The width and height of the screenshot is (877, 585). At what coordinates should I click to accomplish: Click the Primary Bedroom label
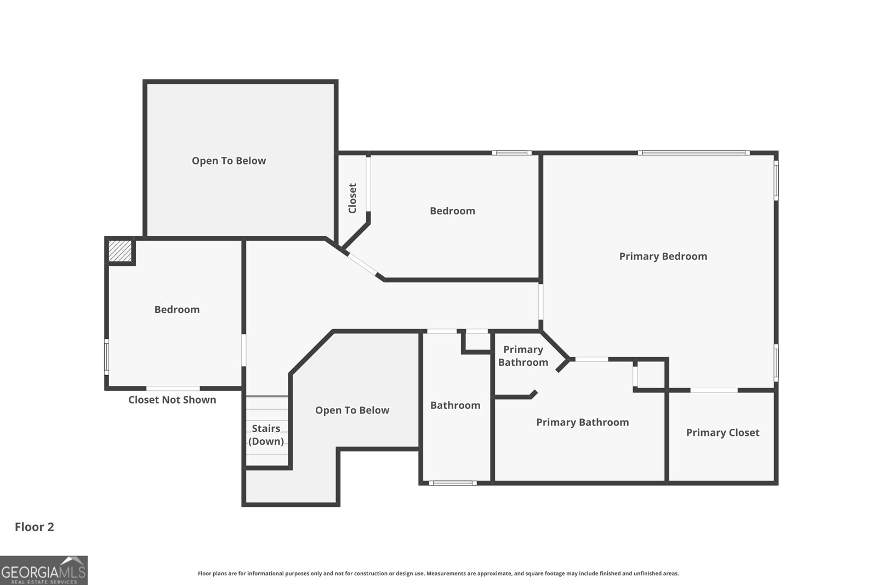click(x=663, y=257)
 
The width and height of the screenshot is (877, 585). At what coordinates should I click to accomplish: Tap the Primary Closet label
click(x=723, y=433)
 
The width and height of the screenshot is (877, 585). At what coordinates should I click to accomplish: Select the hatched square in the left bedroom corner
click(x=120, y=251)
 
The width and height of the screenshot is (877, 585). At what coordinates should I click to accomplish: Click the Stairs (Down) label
click(x=266, y=435)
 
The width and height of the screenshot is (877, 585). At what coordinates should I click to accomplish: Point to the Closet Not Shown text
click(x=172, y=400)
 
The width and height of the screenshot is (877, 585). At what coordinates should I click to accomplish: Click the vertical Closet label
click(x=352, y=198)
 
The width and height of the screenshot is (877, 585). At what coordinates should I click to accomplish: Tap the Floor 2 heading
click(x=35, y=527)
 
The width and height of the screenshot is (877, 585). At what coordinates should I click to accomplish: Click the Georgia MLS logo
click(x=43, y=570)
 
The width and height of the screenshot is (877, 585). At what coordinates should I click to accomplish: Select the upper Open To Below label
click(x=229, y=161)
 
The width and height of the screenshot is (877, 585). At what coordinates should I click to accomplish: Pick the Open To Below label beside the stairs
click(x=352, y=410)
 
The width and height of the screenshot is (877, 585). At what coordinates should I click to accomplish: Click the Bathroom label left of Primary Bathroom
click(x=455, y=405)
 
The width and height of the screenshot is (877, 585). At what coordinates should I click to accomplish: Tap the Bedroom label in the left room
click(x=177, y=310)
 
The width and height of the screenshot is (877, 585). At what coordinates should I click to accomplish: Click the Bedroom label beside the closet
click(x=452, y=211)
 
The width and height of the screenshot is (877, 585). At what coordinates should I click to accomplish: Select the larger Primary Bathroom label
click(x=583, y=423)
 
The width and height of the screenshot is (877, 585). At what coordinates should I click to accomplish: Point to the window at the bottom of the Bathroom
click(x=453, y=483)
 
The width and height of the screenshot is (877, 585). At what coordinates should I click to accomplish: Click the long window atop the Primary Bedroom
click(x=694, y=153)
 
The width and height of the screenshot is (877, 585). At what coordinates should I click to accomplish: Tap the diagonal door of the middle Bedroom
click(x=362, y=264)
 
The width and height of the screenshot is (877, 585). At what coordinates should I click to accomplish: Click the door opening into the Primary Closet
click(x=714, y=390)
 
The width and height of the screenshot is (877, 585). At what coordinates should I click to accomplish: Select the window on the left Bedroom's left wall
click(x=106, y=357)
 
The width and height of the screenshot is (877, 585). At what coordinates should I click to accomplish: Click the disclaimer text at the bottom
click(x=438, y=573)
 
